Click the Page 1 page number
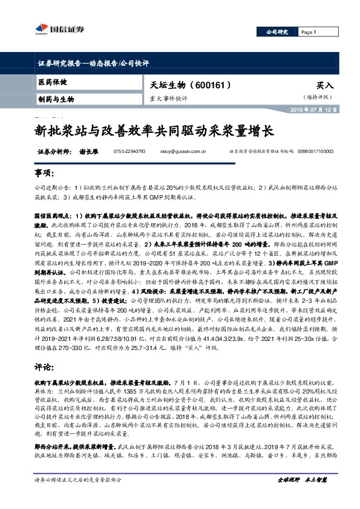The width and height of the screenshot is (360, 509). [309, 32]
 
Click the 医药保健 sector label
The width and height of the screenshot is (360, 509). [53, 82]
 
